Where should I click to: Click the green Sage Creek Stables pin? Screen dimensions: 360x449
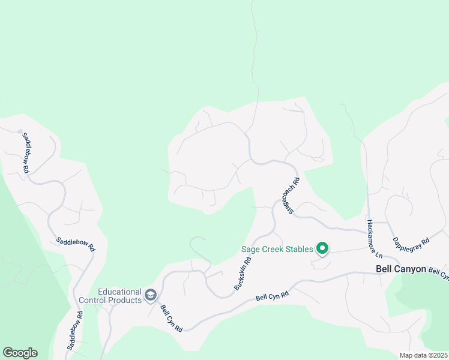(x=322, y=248)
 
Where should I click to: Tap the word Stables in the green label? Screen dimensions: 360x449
(x=295, y=249)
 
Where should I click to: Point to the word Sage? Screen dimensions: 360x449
(x=251, y=249)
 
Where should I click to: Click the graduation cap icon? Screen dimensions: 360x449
(x=150, y=295)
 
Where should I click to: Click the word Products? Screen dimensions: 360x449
(x=125, y=299)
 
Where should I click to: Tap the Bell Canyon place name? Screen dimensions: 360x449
(x=400, y=269)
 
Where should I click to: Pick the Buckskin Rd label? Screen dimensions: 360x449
(x=243, y=273)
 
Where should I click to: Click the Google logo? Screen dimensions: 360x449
(x=20, y=353)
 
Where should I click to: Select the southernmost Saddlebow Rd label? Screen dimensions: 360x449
(x=75, y=331)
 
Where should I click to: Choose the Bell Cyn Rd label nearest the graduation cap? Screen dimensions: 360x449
(x=170, y=318)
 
